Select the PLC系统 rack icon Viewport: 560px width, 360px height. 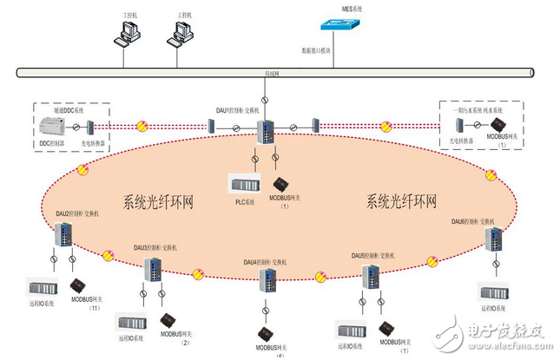coord(246,184)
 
